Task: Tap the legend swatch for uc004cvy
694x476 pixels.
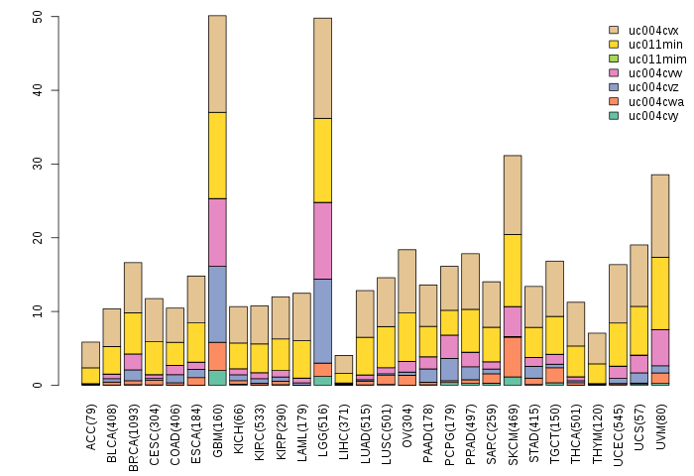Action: click(614, 115)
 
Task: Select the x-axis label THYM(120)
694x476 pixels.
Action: click(597, 424)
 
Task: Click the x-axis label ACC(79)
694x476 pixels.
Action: click(91, 421)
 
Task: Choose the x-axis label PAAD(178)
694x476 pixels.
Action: click(428, 424)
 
